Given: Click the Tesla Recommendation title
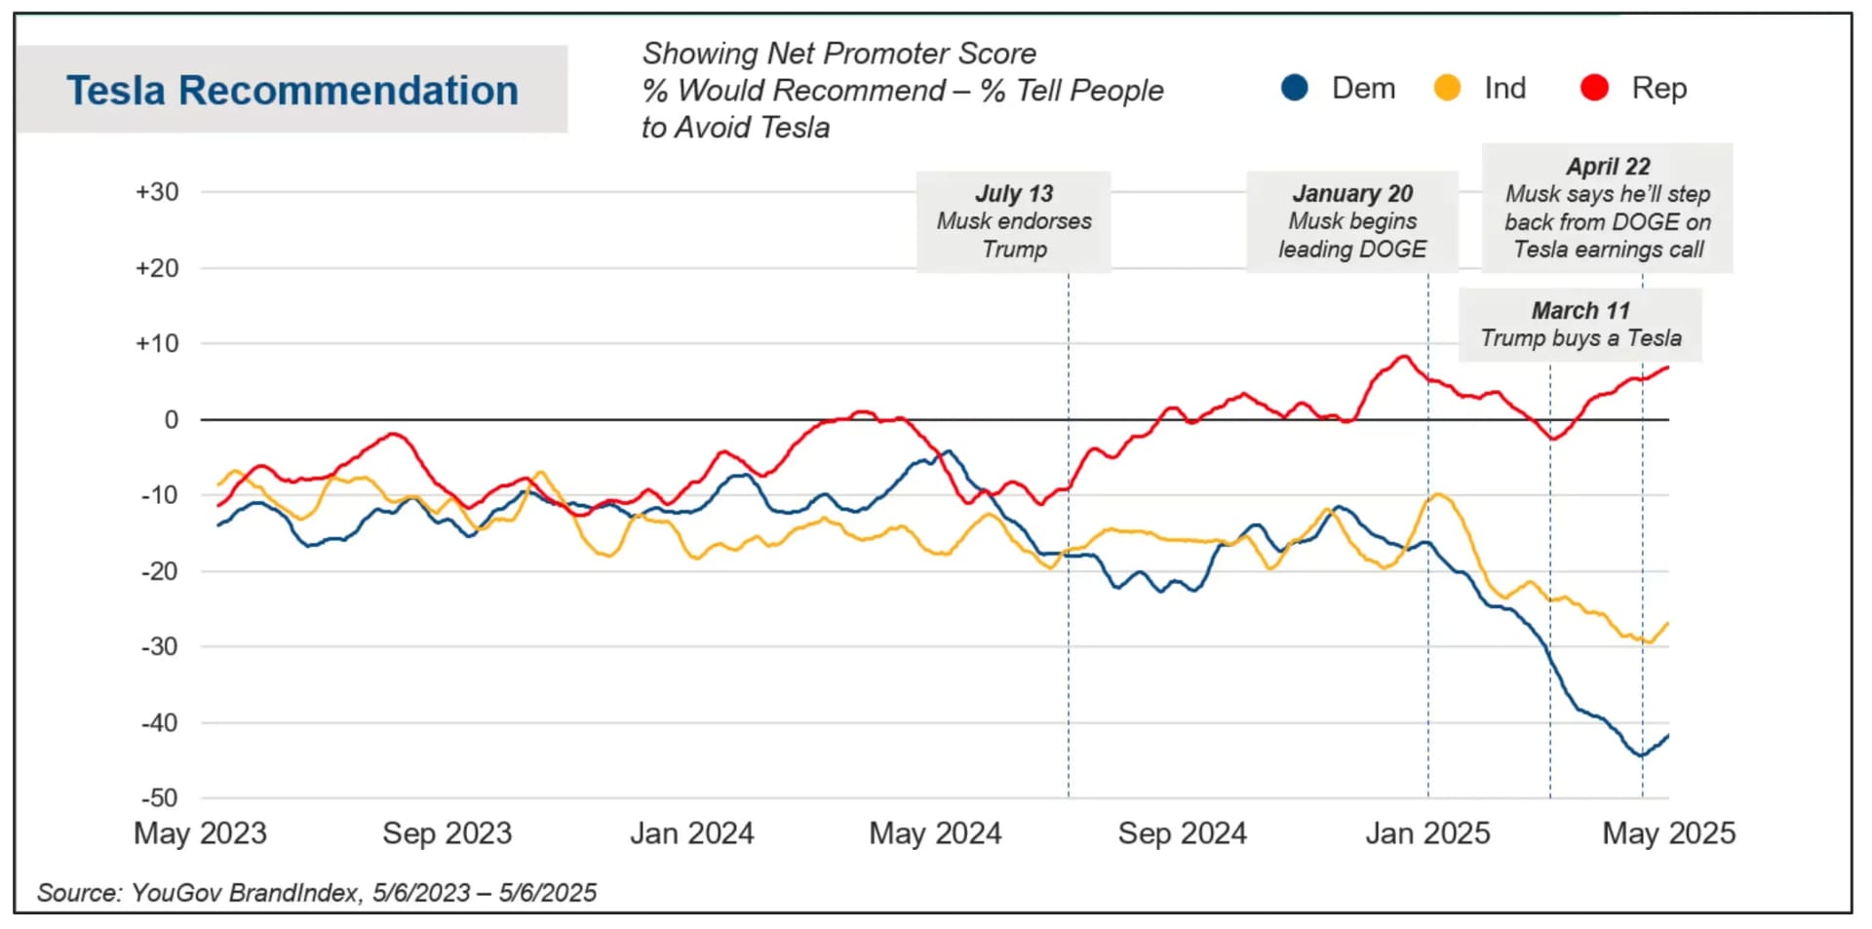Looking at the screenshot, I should (292, 91).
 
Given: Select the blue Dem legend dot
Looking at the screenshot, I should (1294, 88).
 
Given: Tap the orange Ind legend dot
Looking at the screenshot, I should (1447, 88).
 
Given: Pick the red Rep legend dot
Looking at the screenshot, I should (1594, 88).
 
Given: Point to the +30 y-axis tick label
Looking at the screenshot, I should (157, 192).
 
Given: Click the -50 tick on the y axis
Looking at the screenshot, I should (160, 798).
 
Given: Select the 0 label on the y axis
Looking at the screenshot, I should (171, 420).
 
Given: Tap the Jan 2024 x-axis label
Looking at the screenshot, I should (691, 833).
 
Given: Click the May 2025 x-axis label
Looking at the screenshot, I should (1668, 833).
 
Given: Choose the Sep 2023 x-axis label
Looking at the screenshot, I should (447, 833).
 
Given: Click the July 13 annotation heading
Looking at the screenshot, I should (1014, 193).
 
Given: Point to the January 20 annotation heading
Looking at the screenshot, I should (1352, 193).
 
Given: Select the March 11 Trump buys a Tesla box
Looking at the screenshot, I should (1580, 325).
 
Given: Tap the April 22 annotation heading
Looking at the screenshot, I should (1608, 166).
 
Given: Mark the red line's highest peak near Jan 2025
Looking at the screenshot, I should (1404, 357).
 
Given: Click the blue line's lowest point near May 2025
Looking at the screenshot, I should (1641, 755).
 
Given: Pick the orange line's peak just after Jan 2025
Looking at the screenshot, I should (1439, 495).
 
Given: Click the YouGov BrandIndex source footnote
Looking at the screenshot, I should (316, 893).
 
